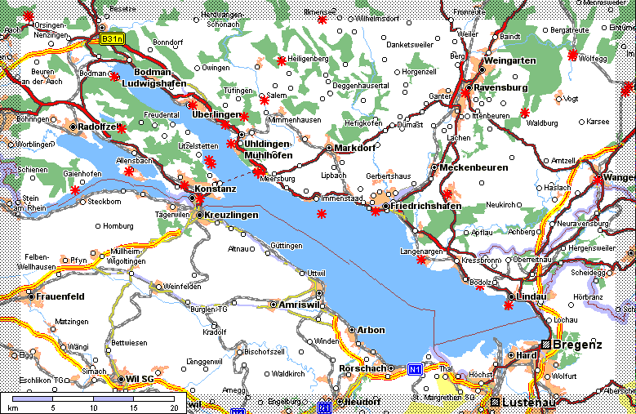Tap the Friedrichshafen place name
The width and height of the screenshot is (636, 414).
click(x=426, y=207)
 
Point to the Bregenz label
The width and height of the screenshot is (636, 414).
click(x=579, y=345)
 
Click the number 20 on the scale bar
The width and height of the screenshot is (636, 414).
click(x=173, y=407)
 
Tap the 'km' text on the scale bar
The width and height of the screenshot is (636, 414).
click(x=13, y=407)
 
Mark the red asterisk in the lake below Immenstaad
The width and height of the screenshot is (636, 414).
click(x=322, y=213)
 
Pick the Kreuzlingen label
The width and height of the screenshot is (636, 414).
click(x=232, y=215)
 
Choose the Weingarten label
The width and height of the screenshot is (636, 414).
click(x=509, y=61)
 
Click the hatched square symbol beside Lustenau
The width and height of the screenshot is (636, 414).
click(x=494, y=403)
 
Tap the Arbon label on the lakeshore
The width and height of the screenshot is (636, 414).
click(x=371, y=330)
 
